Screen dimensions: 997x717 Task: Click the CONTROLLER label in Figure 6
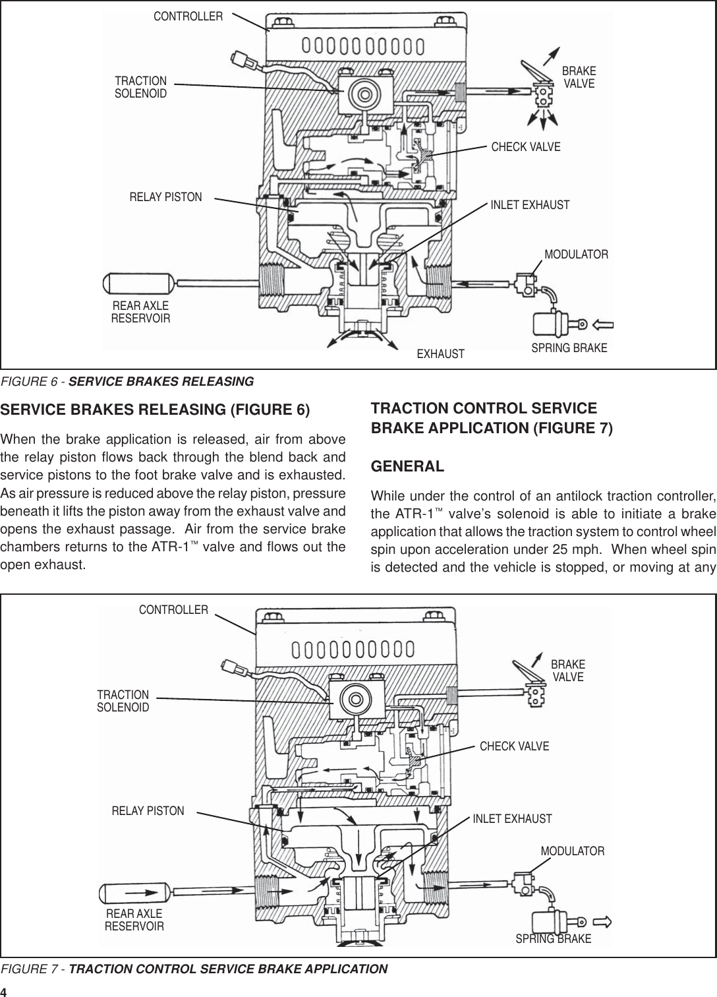(188, 16)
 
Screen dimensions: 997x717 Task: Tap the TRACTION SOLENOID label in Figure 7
(123, 701)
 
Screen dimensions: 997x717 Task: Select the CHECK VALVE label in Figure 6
(526, 147)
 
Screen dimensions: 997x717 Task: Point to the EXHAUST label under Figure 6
(441, 354)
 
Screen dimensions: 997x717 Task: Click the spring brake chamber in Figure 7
(551, 920)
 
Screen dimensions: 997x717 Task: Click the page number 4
(4, 992)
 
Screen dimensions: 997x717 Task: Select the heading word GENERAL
(408, 467)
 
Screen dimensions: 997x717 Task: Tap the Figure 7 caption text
(194, 969)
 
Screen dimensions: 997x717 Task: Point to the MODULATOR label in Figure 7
(572, 851)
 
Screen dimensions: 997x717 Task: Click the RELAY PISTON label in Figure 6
(165, 196)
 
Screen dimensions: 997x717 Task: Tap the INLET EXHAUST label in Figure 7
(512, 819)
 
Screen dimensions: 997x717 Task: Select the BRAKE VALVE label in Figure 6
(579, 77)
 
